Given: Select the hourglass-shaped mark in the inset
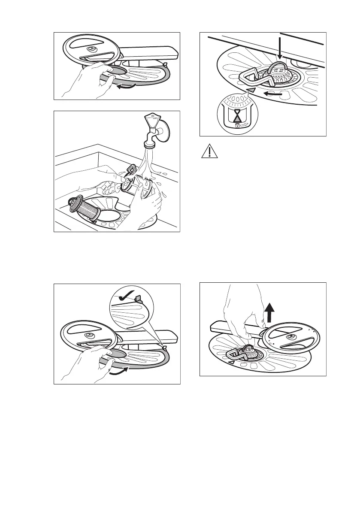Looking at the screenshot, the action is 236,115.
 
